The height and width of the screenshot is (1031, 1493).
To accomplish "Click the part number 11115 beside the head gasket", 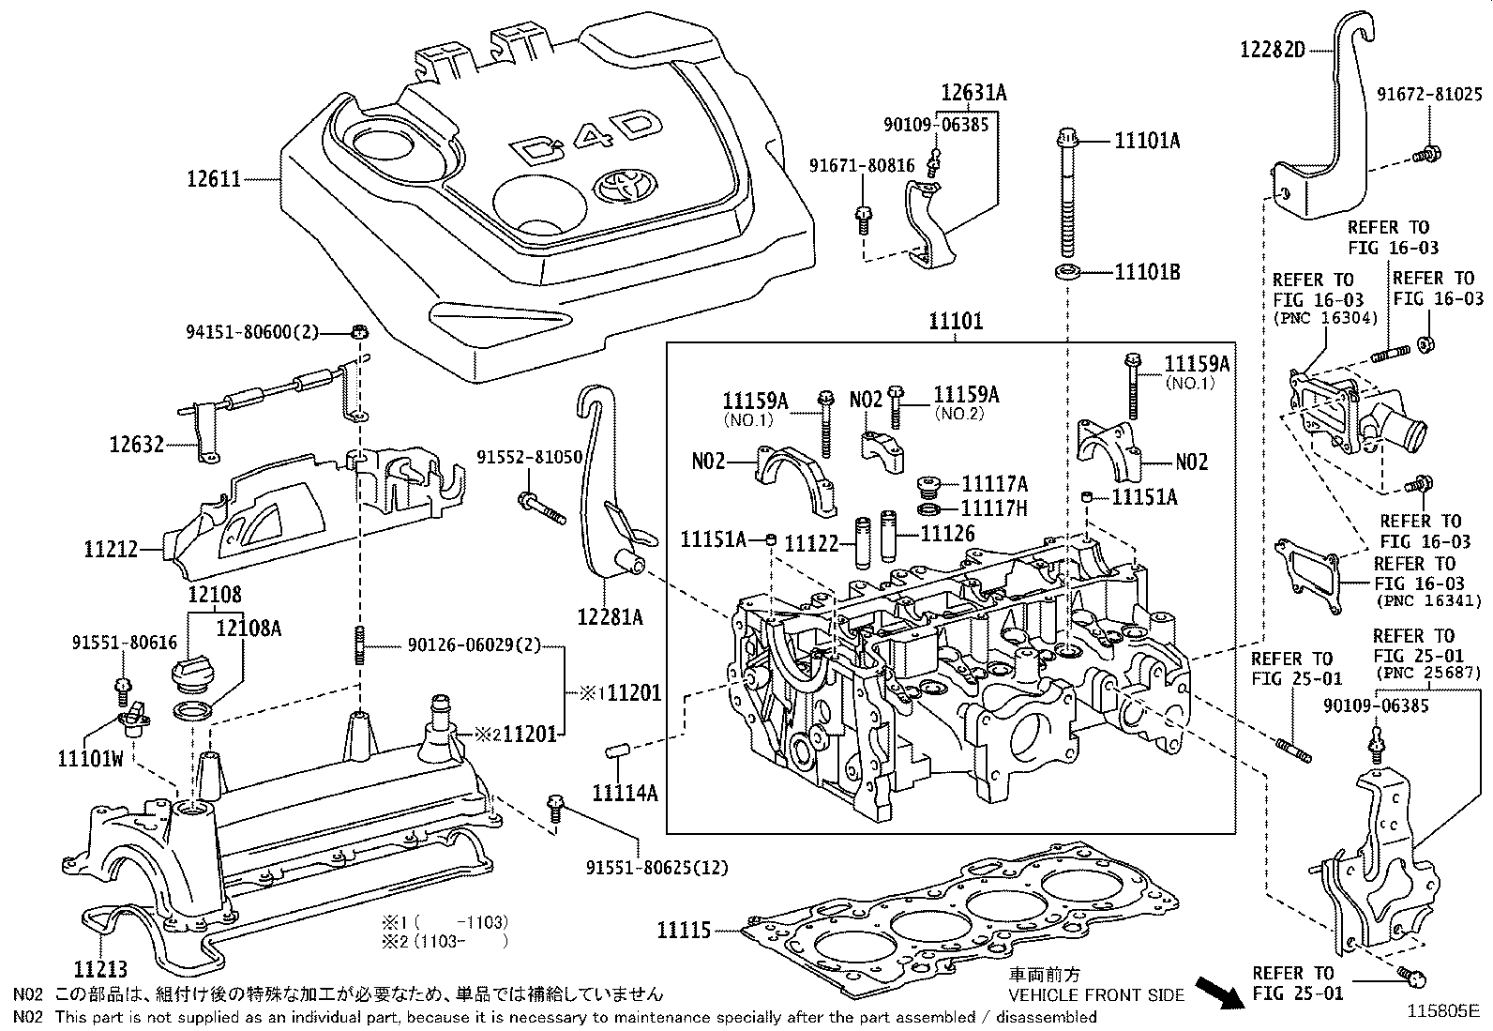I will pos(685,931).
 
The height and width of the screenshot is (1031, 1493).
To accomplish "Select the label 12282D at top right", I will pos(1273,50).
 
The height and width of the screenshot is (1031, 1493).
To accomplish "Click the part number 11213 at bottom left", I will pos(100,967).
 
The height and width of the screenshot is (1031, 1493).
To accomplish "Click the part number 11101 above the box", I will pos(956,322).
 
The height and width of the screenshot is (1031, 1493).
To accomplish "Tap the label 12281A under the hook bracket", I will pos(610,616).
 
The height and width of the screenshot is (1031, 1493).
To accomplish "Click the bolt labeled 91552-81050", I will pos(540,508).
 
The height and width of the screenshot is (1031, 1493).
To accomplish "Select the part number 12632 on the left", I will pos(136,444).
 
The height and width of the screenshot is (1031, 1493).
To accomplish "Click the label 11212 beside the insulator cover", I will pos(111,550).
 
